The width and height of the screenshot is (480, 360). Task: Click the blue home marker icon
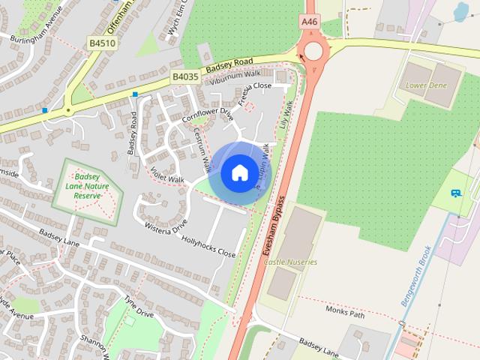tap(239, 173)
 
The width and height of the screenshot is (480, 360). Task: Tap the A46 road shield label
tap(309, 23)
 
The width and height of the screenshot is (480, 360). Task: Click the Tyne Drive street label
tap(139, 306)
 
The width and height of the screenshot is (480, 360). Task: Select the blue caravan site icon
tap(455, 193)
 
